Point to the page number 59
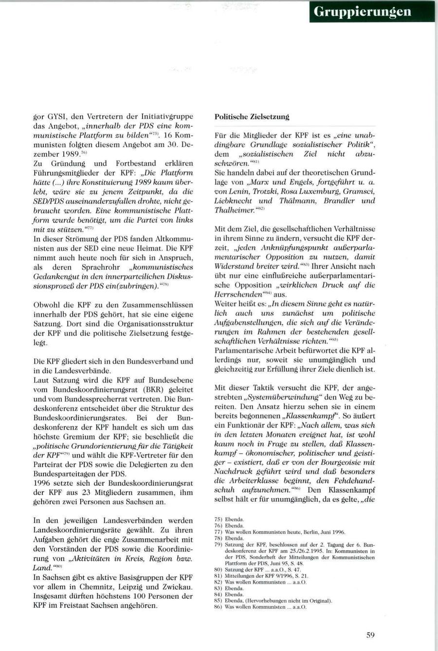point(370,634)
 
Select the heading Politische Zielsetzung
point(252,117)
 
